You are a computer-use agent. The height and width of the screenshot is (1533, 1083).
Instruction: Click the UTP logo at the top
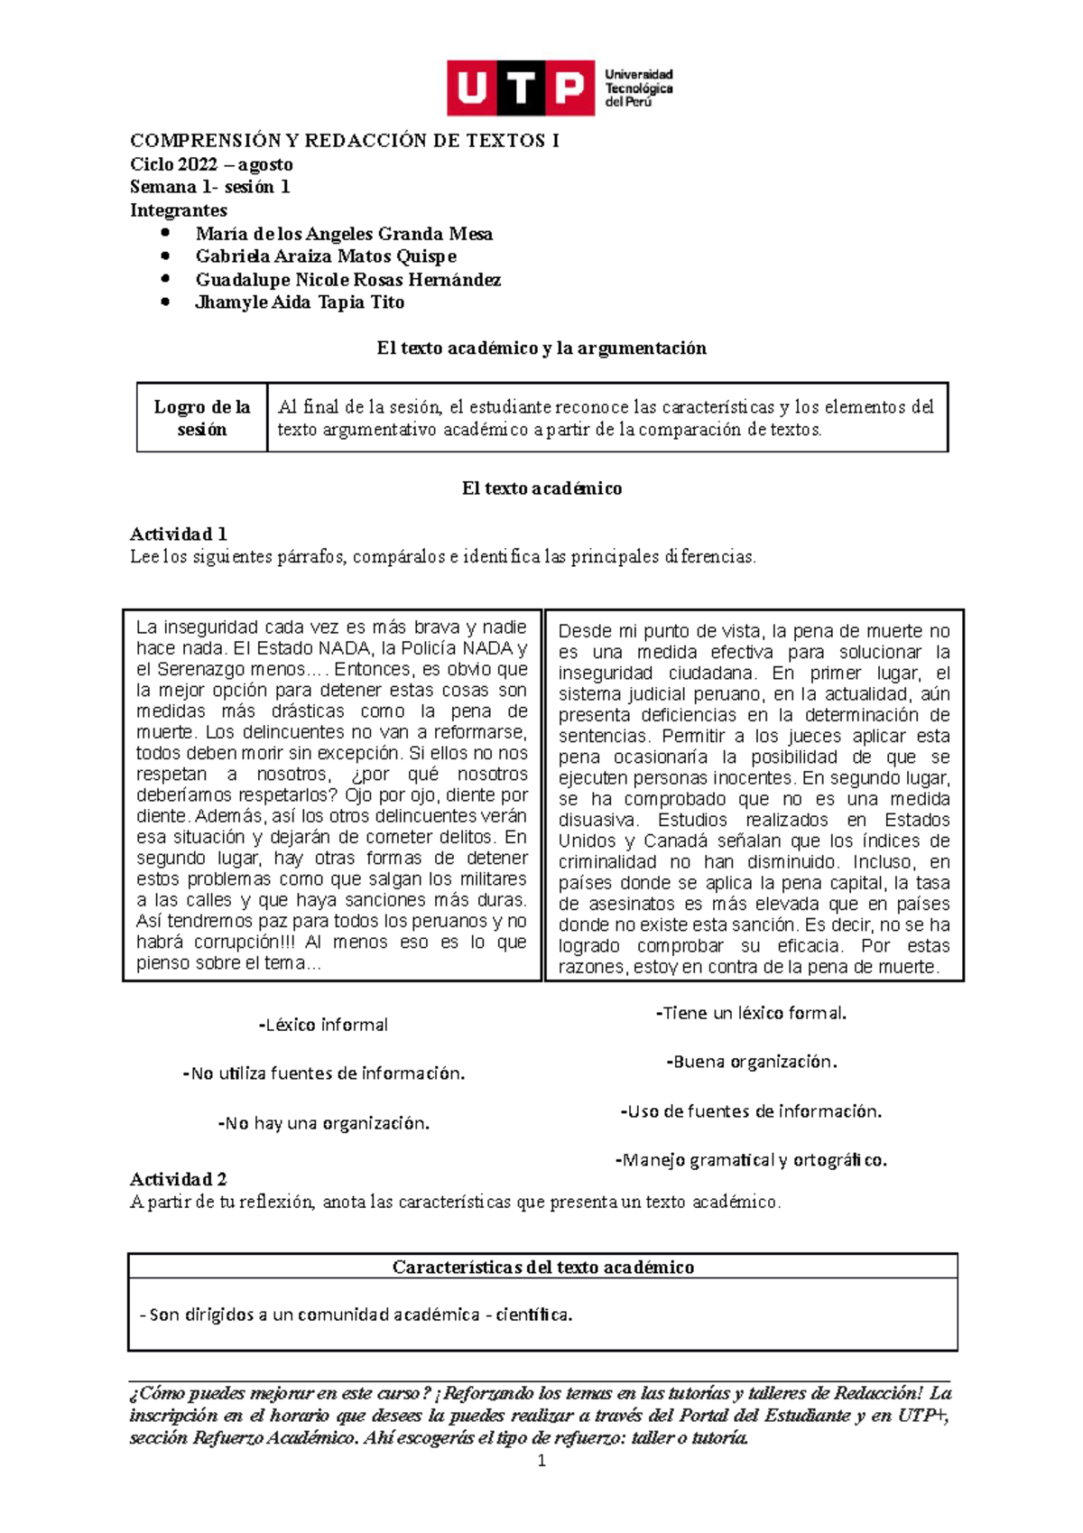tap(560, 88)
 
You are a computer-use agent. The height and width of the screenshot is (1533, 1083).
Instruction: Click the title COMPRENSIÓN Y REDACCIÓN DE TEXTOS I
tap(345, 141)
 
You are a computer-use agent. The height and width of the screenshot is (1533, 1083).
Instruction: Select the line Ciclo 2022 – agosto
tap(211, 164)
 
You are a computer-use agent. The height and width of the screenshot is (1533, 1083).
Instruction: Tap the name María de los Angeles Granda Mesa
tap(344, 234)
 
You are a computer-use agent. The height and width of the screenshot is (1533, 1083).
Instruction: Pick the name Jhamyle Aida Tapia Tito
tap(300, 302)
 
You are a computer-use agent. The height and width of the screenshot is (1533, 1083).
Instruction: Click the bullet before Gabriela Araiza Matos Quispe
tap(165, 256)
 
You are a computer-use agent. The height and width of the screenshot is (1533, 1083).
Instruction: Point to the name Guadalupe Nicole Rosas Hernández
tap(347, 280)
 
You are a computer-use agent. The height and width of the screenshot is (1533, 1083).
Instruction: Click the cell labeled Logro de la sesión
tap(202, 418)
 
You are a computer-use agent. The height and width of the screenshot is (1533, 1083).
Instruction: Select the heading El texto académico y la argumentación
tap(541, 348)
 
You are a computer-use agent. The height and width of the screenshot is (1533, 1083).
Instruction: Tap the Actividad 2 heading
tap(179, 1179)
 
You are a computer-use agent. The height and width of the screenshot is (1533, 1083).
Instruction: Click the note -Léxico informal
tap(323, 1025)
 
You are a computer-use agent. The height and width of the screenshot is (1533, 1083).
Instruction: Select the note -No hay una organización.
tap(323, 1123)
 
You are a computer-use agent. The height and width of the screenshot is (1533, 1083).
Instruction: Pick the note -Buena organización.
tap(752, 1062)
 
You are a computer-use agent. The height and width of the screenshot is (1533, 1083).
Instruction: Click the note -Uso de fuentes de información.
tap(751, 1111)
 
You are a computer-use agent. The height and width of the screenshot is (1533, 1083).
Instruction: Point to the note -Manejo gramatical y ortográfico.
tap(751, 1160)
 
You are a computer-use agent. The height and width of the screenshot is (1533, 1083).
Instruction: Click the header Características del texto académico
tap(542, 1267)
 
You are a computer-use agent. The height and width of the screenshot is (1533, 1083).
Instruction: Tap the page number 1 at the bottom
tap(541, 1461)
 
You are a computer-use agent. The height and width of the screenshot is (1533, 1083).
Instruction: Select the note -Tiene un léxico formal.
tap(751, 1013)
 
